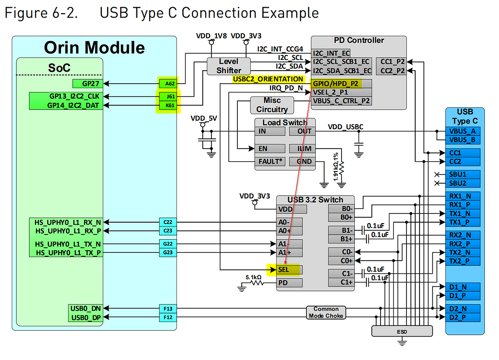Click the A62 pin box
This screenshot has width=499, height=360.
click(x=168, y=83)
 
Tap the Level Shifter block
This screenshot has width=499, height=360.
click(x=229, y=66)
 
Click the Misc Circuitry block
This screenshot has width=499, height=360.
click(x=272, y=105)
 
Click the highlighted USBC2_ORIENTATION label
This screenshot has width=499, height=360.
click(x=268, y=79)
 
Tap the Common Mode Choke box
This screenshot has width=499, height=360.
click(x=326, y=312)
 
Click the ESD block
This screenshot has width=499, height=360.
click(x=402, y=331)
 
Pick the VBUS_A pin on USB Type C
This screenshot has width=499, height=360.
click(x=463, y=131)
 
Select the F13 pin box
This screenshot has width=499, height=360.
click(x=168, y=308)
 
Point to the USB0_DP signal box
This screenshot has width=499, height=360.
click(x=86, y=318)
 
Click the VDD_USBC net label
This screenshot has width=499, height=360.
click(x=345, y=127)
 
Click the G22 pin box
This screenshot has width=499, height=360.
click(x=168, y=244)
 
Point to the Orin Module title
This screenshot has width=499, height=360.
click(x=94, y=47)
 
